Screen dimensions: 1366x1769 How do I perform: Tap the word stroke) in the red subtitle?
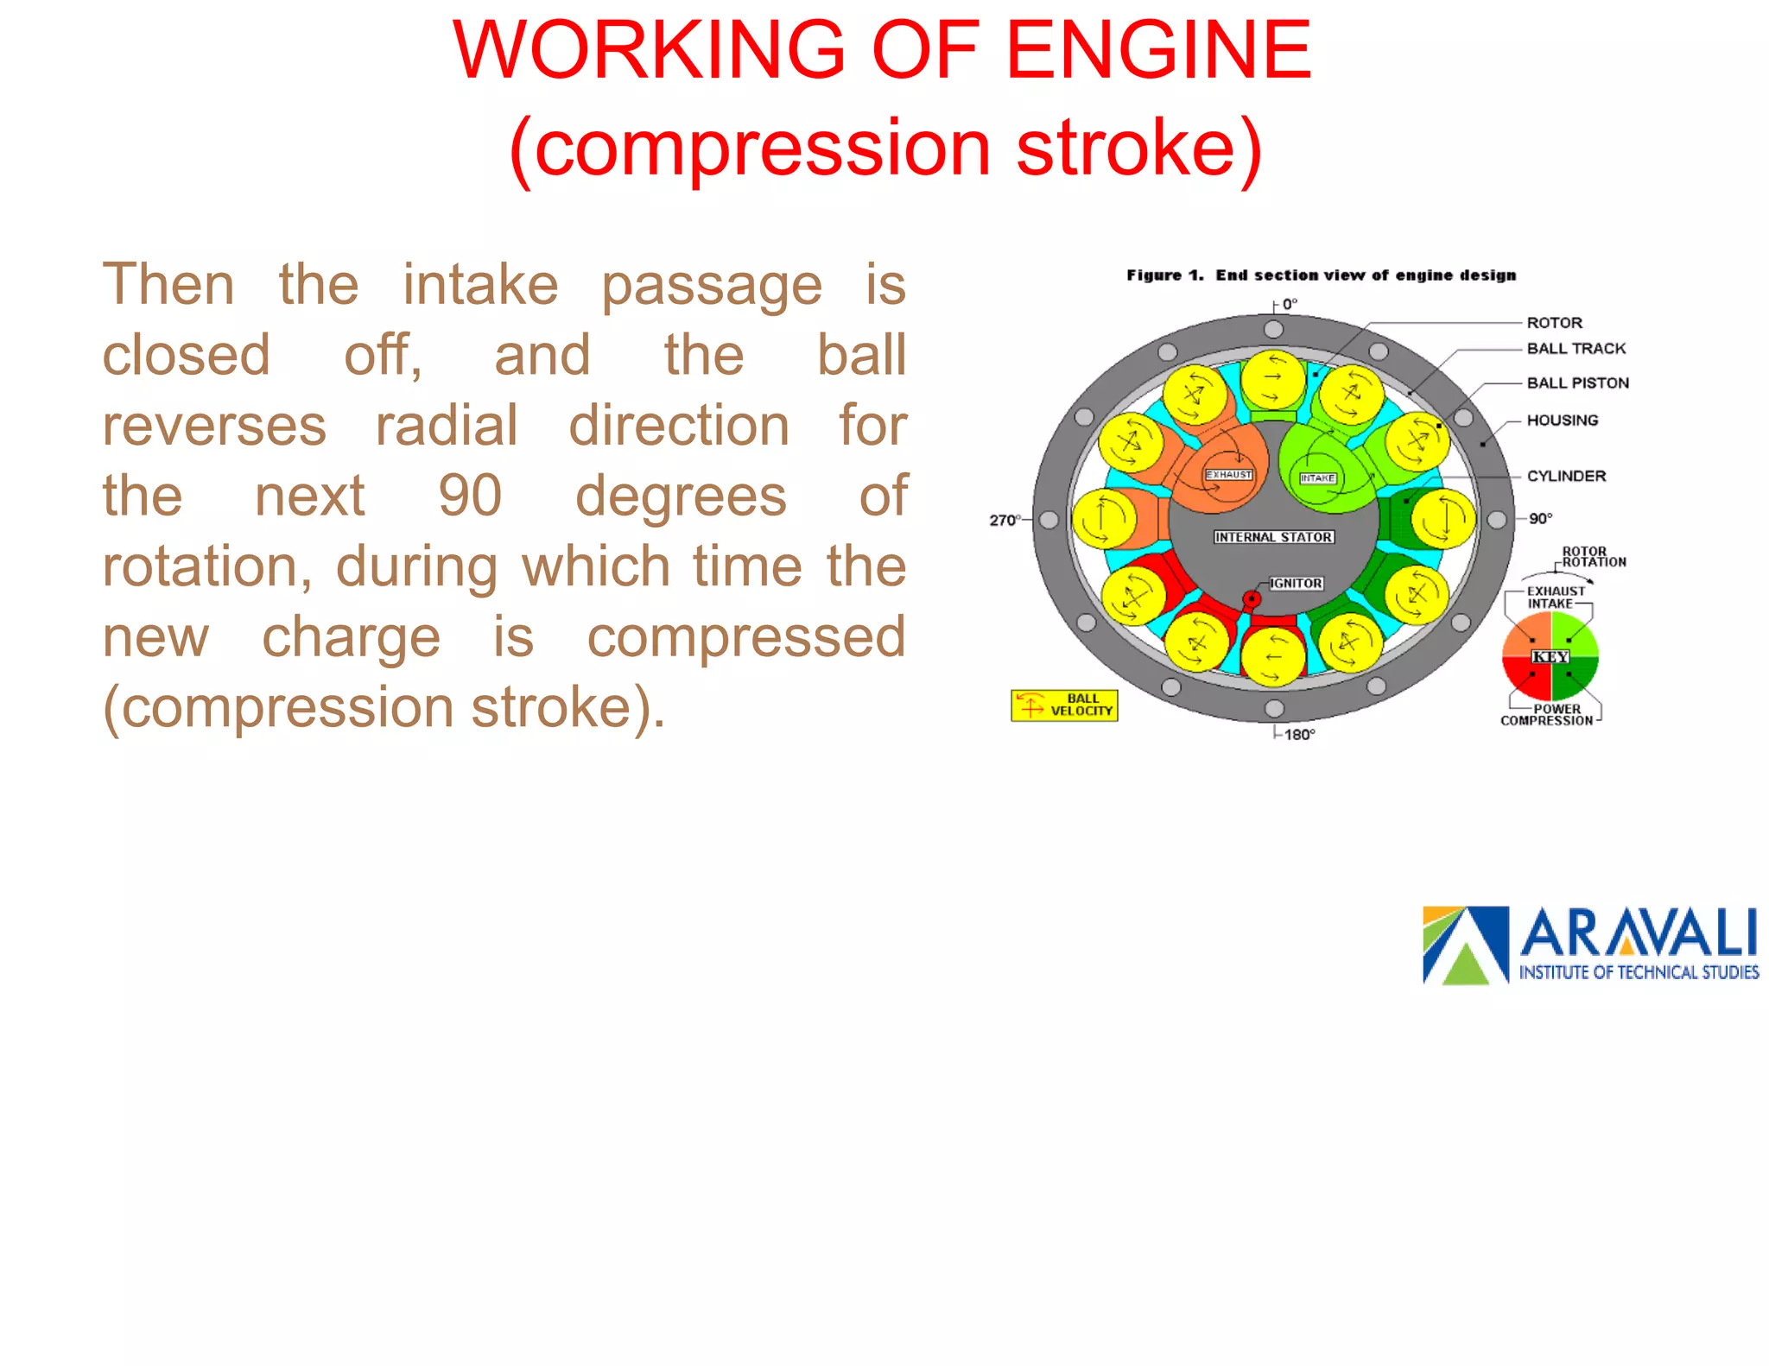pos(1139,149)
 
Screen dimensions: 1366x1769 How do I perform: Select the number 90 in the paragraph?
pos(470,496)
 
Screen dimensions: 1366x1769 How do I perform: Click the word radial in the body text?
pos(447,426)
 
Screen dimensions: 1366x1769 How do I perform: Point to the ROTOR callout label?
pos(1554,323)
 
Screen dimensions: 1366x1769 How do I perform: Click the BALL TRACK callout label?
pos(1576,349)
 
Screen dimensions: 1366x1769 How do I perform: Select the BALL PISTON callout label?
pos(1577,383)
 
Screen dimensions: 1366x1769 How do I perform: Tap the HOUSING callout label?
pos(1562,421)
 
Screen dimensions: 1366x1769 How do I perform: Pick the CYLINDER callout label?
pos(1566,477)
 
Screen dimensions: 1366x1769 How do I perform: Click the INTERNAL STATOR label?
pos(1273,537)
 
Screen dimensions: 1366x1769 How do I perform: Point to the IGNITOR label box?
pos(1296,584)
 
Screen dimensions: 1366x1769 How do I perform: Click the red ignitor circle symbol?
pos(1252,598)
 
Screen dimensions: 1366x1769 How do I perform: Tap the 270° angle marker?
pos(1004,520)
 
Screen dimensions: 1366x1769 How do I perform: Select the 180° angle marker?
pos(1298,735)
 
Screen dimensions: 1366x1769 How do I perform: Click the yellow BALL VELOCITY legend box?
pos(1064,705)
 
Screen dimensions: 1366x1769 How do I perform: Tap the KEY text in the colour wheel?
pos(1550,657)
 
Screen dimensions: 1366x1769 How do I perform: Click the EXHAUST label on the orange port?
pos(1228,475)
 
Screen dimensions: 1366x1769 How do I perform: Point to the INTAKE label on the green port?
pos(1317,478)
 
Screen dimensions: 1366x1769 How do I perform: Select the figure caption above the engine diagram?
pos(1321,275)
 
